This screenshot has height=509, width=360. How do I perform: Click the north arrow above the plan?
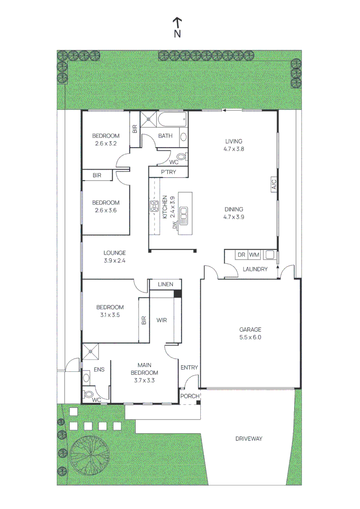[x=177, y=23]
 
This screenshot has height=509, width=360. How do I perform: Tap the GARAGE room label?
[x=250, y=330]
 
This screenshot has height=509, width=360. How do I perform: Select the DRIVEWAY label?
[x=249, y=439]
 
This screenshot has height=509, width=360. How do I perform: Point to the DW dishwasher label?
[x=174, y=225]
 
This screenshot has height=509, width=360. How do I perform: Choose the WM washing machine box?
[x=254, y=255]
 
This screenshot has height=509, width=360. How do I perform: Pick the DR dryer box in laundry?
[x=241, y=255]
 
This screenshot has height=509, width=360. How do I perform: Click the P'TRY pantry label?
[x=168, y=172]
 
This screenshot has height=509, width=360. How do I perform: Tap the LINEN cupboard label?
[x=165, y=284]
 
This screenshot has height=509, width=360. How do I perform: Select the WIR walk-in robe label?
[x=162, y=320]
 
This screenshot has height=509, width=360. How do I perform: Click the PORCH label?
[x=190, y=396]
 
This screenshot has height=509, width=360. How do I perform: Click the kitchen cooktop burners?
[x=154, y=206]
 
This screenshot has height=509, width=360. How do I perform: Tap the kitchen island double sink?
[x=184, y=214]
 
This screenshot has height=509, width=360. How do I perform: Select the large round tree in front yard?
[x=88, y=455]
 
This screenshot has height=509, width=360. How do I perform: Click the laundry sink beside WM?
[x=269, y=255]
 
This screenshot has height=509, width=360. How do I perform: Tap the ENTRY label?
[x=189, y=368]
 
